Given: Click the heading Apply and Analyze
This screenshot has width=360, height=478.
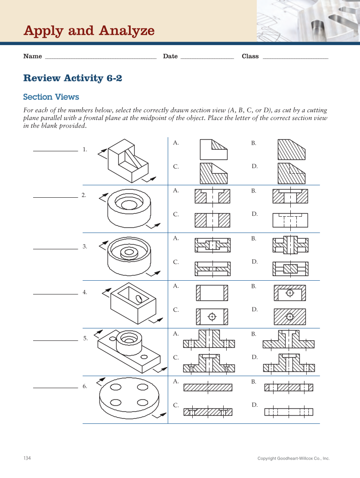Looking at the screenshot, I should coord(89,31).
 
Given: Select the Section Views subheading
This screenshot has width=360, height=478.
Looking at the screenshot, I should coord(51,97).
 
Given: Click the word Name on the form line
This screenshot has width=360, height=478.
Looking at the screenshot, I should coord(33,56).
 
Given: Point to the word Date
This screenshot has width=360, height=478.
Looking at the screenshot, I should coord(170,56).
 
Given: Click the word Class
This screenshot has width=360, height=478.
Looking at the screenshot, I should coord(250,56).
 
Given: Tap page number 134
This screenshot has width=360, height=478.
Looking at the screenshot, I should coord(27,458).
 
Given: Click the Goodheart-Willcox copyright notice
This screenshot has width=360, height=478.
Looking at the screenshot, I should coord(293,459).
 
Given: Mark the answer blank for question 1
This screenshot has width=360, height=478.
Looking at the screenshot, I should coord(55,151).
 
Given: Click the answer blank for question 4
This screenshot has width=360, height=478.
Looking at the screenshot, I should coord(55,294).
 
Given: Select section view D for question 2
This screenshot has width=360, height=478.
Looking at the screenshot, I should coord(290,220).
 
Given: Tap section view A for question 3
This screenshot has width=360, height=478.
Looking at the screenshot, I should coord(212,245).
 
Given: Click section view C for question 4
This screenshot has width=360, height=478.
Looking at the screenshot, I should coord(212,317).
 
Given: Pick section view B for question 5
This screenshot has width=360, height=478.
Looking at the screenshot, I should coord(288,340).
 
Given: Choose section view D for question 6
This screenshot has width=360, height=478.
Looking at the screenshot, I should coord(289,412).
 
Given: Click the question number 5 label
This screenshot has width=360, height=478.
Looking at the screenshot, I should coord(86,339).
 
